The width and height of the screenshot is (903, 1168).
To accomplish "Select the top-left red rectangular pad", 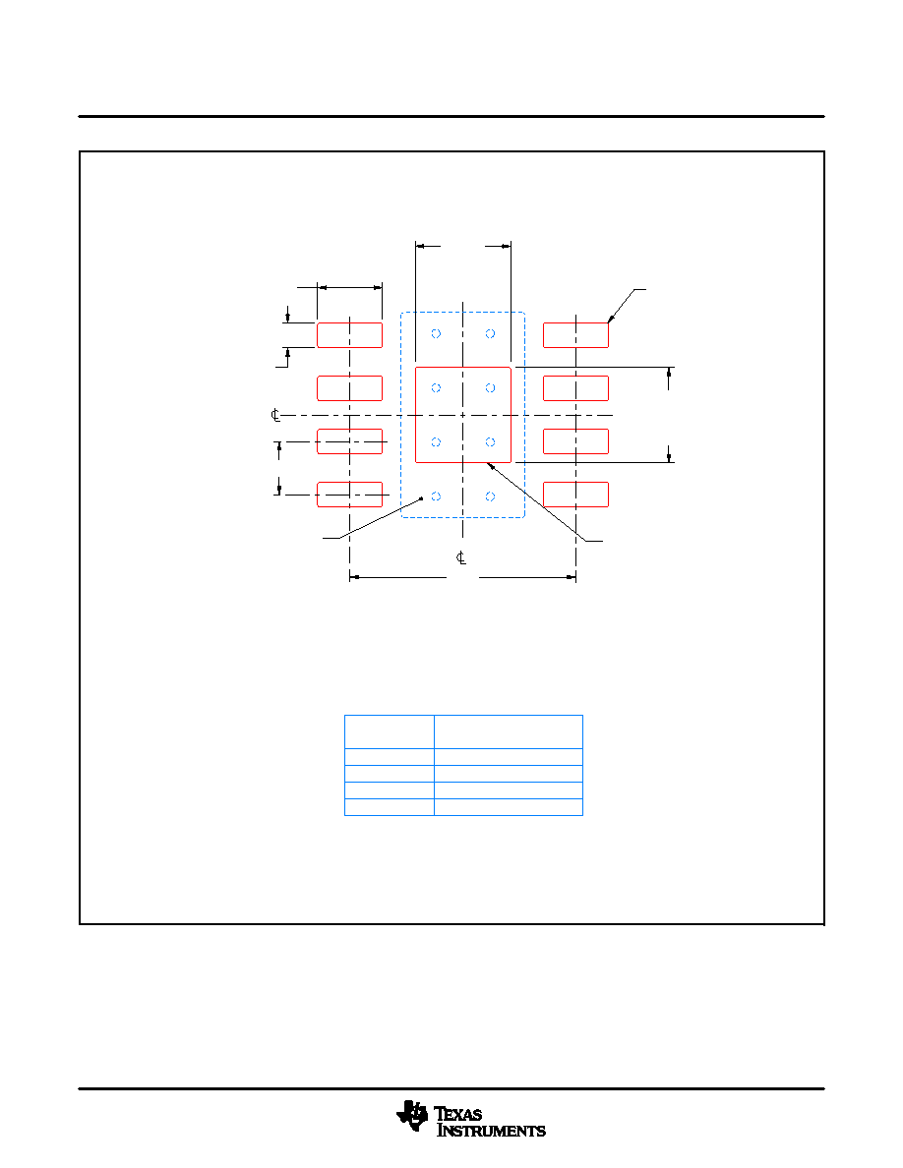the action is click(x=349, y=335).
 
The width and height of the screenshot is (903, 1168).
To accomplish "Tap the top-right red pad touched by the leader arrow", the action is click(x=575, y=335).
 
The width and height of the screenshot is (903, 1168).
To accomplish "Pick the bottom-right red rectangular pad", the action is click(x=575, y=495).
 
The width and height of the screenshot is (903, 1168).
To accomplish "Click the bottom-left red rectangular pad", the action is click(x=349, y=495).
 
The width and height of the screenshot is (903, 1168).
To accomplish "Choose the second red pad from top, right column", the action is click(x=575, y=388).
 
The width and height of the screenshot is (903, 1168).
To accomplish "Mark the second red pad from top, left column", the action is click(x=349, y=388).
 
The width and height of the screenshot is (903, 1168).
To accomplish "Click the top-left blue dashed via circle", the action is click(x=436, y=333).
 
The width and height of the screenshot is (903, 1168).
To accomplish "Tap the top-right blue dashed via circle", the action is click(x=490, y=333).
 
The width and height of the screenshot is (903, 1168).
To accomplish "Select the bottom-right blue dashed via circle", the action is click(x=490, y=496).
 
